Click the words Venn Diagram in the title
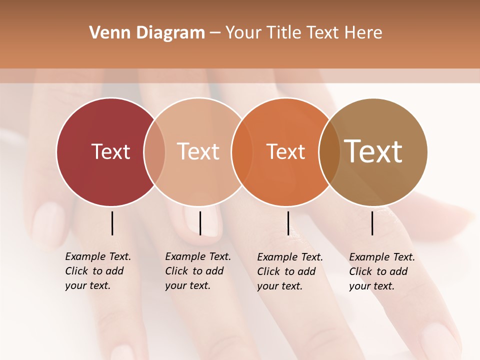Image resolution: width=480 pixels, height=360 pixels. (147, 33)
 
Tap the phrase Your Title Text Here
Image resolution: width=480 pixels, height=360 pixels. (303, 33)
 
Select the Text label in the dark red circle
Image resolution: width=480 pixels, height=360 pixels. (110, 151)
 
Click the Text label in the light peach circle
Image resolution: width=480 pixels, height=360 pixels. (198, 151)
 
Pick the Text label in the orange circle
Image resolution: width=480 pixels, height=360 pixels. (285, 151)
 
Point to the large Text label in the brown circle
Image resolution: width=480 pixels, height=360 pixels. (373, 151)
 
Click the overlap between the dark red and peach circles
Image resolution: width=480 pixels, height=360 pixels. (154, 152)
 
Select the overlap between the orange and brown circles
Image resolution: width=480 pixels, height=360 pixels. (329, 152)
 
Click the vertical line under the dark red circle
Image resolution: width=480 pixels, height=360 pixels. (112, 223)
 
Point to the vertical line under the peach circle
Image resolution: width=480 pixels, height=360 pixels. (200, 223)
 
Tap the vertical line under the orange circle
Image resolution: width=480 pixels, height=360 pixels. (288, 223)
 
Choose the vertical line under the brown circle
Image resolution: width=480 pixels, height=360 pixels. (372, 223)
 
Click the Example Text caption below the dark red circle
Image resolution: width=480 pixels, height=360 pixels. (98, 271)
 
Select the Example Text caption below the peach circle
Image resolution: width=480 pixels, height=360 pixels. (198, 271)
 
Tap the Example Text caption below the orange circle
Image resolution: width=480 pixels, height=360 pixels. (290, 271)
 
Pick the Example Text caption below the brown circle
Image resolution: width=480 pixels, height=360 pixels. (382, 271)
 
